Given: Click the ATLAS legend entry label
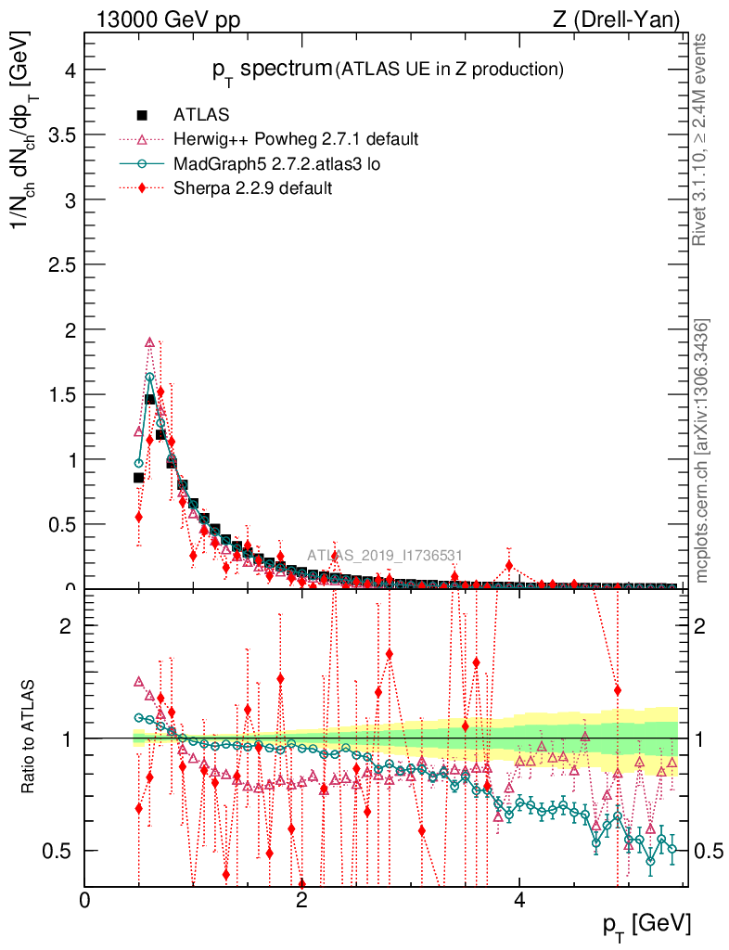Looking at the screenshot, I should pos(201,116).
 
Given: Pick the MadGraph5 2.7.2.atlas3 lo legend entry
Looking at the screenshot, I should pos(277,164).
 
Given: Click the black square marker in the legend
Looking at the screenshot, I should pos(142,116).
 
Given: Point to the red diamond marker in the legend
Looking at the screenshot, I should pos(142,188).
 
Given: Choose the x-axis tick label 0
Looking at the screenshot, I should pos(85,899).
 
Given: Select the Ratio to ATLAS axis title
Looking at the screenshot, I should pos(29,738).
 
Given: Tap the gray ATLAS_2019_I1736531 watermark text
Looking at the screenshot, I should pos(385,556).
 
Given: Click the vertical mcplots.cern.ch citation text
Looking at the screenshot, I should pos(702,452).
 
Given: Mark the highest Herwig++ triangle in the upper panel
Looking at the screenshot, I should pos(149,342).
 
